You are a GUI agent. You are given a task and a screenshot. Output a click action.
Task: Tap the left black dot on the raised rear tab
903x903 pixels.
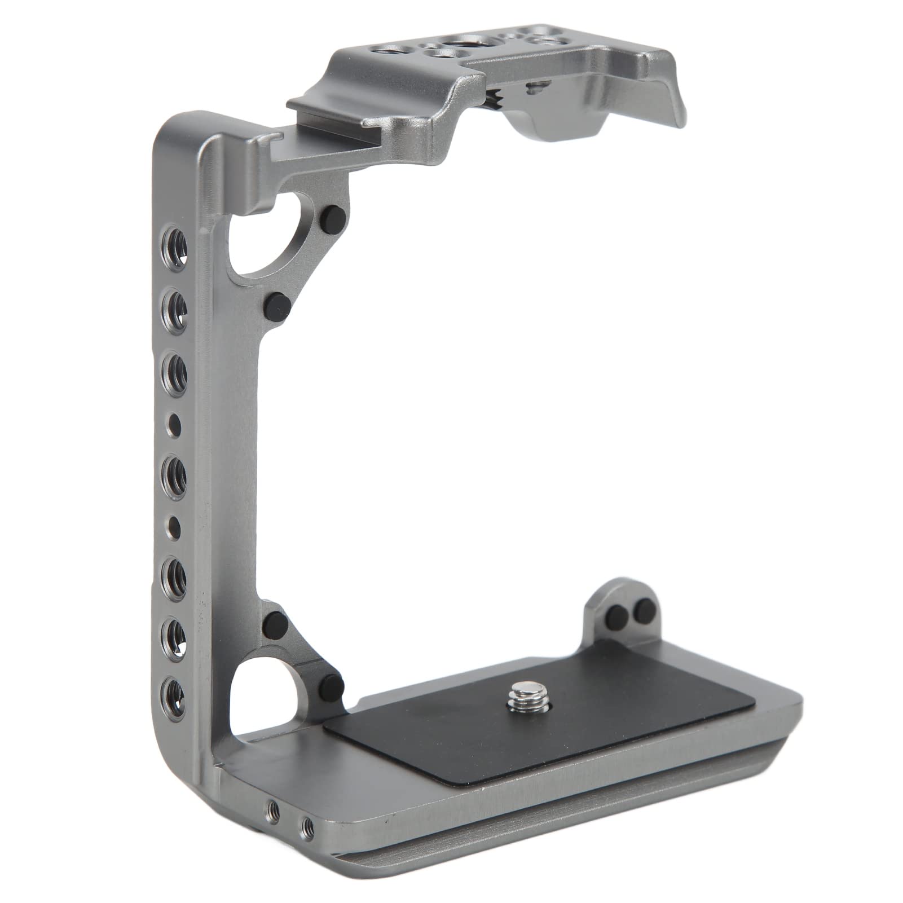(620, 615)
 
